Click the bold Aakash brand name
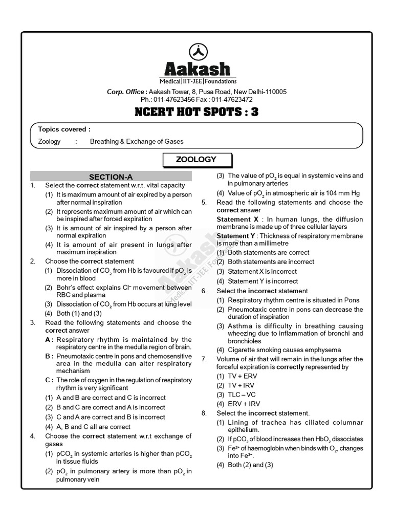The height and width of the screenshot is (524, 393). pyautogui.click(x=196, y=69)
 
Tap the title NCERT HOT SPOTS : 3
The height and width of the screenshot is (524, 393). pyautogui.click(x=196, y=112)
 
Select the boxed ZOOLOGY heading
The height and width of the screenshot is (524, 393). pyautogui.click(x=196, y=160)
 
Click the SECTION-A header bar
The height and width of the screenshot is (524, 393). pyautogui.click(x=111, y=177)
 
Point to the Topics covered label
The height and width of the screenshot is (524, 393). pyautogui.click(x=64, y=129)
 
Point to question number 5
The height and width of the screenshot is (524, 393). pyautogui.click(x=204, y=202)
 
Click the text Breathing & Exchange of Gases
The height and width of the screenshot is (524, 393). pyautogui.click(x=137, y=141)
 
